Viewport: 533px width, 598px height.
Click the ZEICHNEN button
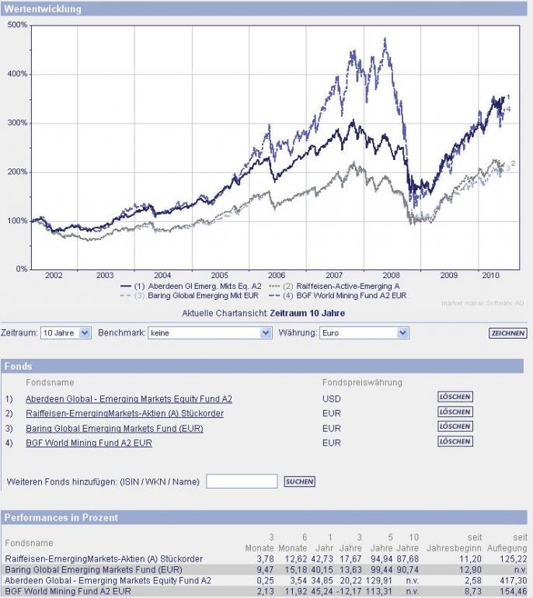tap(508, 333)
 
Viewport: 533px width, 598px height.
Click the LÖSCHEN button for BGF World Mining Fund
tap(455, 441)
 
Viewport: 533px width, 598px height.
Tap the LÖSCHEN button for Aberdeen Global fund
tap(455, 397)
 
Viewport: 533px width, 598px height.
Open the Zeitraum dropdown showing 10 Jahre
tap(65, 333)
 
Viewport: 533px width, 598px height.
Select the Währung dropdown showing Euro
tap(364, 333)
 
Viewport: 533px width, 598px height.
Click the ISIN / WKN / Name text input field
tap(242, 482)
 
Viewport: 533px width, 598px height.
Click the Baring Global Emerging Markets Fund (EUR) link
tap(114, 428)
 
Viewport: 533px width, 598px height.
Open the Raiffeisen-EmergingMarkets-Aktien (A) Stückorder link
tap(124, 413)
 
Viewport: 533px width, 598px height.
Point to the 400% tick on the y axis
tap(18, 74)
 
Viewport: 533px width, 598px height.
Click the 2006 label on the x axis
tap(276, 276)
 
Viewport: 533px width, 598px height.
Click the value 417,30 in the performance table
tap(514, 580)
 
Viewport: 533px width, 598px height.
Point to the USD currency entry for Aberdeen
tap(331, 398)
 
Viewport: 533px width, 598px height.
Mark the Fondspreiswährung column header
tap(362, 382)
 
